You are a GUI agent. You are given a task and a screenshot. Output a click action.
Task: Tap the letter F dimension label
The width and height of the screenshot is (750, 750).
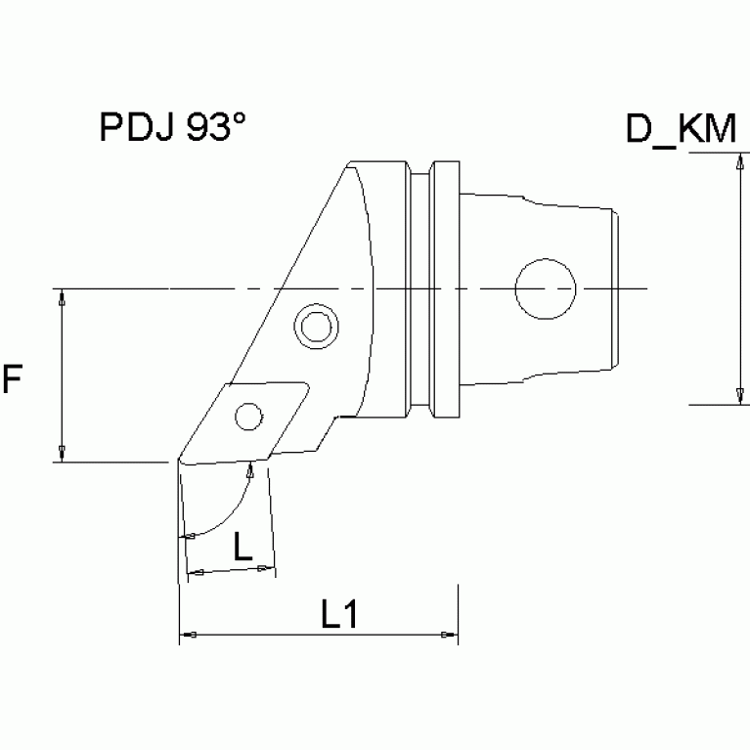[x=12, y=379]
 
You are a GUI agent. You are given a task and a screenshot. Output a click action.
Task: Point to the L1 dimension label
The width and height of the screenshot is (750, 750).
[x=338, y=613]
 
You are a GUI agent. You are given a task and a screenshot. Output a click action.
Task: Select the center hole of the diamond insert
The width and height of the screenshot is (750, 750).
[x=249, y=419]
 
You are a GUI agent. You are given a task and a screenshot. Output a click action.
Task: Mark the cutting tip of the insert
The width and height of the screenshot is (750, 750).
[x=179, y=461]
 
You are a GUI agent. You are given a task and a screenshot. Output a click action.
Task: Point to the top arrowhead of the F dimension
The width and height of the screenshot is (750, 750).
[x=63, y=297]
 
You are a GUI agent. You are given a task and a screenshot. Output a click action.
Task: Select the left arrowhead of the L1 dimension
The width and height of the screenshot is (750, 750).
[x=188, y=637]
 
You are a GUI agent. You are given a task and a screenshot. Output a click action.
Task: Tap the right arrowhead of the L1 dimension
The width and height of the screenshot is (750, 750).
[x=449, y=637]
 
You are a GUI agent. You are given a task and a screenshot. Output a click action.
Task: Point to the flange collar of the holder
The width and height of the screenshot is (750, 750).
[x=445, y=289]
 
